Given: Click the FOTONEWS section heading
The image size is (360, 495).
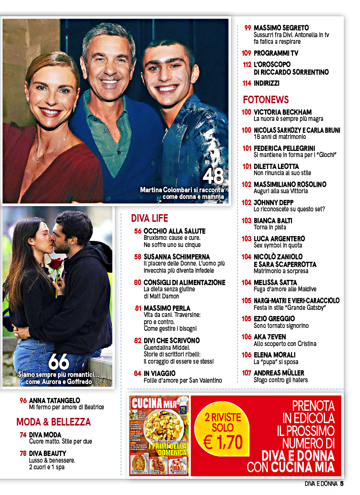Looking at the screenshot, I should point(266,100).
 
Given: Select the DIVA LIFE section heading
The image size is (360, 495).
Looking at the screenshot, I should point(150,218).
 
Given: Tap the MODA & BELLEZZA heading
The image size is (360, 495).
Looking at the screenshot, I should point(53,422).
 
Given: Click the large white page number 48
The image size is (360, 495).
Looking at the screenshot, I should point(213,177).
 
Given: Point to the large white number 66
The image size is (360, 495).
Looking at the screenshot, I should point(59,362).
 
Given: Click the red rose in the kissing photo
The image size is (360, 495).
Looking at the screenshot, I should point(55,263).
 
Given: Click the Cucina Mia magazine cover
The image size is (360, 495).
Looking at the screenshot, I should point(159,436).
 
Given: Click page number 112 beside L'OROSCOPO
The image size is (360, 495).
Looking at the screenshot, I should point(247,64).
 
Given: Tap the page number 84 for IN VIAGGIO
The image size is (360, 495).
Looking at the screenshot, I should point(137,373).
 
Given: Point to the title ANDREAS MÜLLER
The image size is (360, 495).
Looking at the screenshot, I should point(279,373).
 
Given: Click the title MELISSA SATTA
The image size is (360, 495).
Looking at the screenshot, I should point(275,282).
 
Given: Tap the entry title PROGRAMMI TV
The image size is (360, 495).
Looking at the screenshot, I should point(276,53).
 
